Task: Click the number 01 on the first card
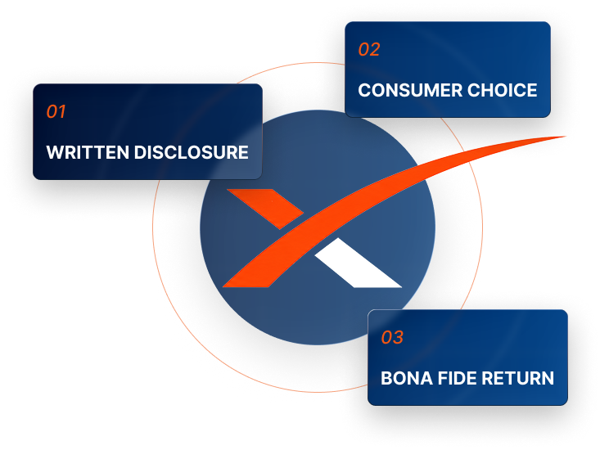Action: point(56,111)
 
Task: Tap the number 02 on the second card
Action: point(369,49)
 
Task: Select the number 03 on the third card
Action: point(392,337)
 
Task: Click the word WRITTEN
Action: point(88,152)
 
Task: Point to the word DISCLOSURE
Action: point(192,152)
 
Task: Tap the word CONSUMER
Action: point(410,90)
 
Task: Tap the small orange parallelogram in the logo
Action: point(265,209)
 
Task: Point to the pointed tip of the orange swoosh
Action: point(565,136)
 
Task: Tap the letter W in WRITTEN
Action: point(55,152)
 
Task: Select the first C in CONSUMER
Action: point(365,90)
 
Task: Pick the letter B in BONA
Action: point(387,378)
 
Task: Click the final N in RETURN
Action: point(548,378)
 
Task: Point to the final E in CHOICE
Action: point(532,90)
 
